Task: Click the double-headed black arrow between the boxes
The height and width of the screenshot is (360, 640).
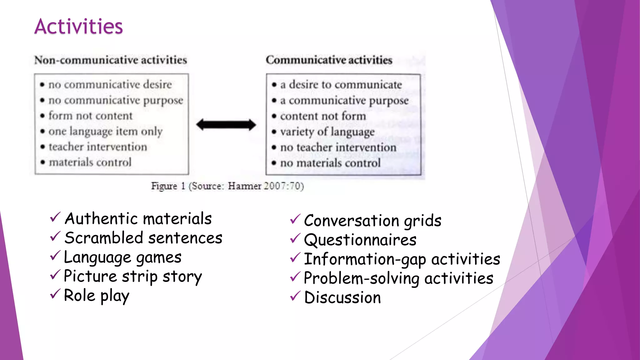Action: point(226,125)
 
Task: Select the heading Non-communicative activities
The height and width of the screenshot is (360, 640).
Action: point(111,60)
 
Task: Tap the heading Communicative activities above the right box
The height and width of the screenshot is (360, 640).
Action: point(329,60)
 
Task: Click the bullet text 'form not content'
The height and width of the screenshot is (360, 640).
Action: point(90,116)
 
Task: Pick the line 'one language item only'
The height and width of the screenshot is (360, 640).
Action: point(105,131)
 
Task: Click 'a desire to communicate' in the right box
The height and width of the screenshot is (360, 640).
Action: point(341,84)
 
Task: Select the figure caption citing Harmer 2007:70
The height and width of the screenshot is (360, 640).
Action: point(227,186)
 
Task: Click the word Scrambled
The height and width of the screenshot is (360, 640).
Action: point(104,238)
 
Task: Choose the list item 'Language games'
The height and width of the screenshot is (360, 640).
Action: point(122,257)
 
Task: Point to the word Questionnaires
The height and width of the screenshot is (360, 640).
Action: point(360,240)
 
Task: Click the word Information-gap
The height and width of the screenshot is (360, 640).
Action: point(365,259)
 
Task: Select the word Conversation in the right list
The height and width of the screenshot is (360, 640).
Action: point(352,221)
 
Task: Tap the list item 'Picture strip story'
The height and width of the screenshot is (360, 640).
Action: point(133,277)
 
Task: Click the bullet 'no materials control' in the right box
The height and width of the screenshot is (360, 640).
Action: point(330,163)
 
